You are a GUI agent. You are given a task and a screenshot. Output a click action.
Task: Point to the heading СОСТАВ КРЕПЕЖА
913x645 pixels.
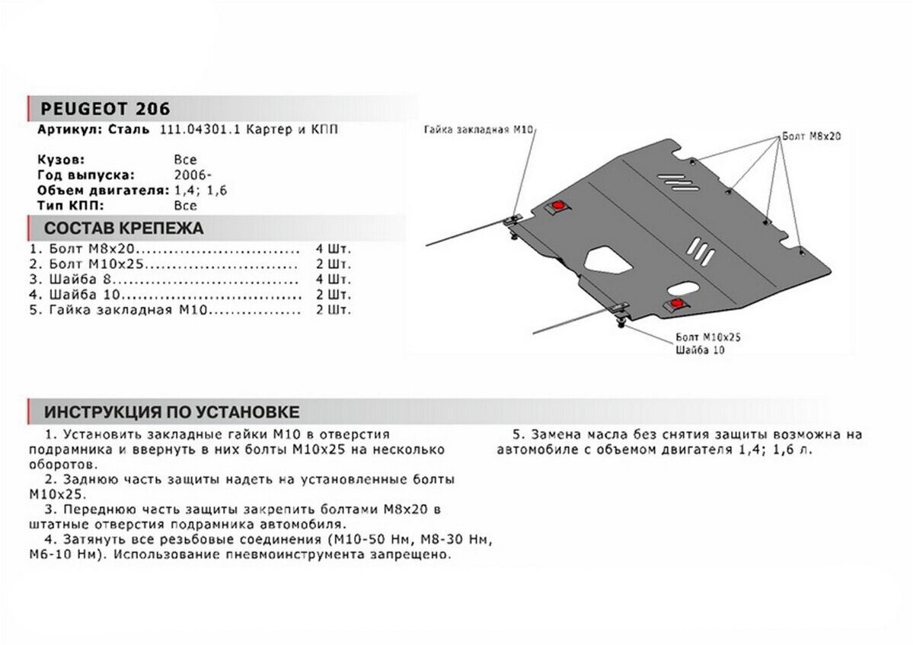(124, 228)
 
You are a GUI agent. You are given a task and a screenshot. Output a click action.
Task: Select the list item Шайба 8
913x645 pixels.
(76, 279)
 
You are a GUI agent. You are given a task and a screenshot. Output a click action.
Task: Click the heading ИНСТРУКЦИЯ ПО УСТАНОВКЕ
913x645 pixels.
(171, 413)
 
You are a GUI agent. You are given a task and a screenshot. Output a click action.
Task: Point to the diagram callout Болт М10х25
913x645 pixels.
(708, 336)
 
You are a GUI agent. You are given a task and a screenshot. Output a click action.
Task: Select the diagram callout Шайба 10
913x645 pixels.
(700, 350)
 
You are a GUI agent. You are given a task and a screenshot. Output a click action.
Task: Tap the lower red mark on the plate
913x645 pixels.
(676, 304)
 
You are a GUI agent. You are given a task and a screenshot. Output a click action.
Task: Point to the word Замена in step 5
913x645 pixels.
(555, 435)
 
